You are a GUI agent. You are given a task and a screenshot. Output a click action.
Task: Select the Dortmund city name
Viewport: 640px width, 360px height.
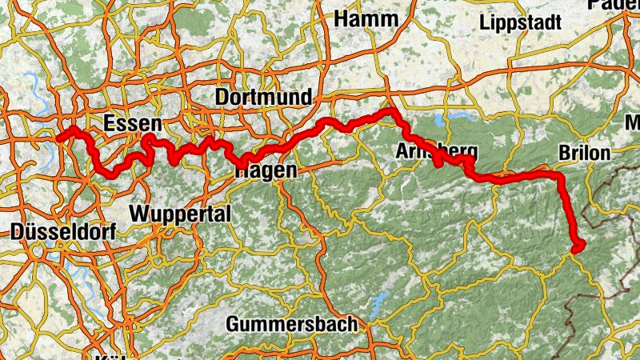tap(263, 98)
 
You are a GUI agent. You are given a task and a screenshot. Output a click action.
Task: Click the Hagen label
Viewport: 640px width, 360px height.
tap(266, 170)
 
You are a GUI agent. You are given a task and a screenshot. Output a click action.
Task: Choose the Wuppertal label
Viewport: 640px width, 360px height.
tap(179, 214)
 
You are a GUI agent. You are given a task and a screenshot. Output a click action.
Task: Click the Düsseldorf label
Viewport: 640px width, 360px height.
tap(64, 232)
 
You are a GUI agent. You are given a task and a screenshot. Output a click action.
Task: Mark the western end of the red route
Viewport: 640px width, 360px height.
tap(60, 138)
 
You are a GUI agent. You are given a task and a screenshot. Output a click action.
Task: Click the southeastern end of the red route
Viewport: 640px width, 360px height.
tap(577, 247)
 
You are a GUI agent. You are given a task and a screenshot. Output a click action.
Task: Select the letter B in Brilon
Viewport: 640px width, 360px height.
tap(562, 152)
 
